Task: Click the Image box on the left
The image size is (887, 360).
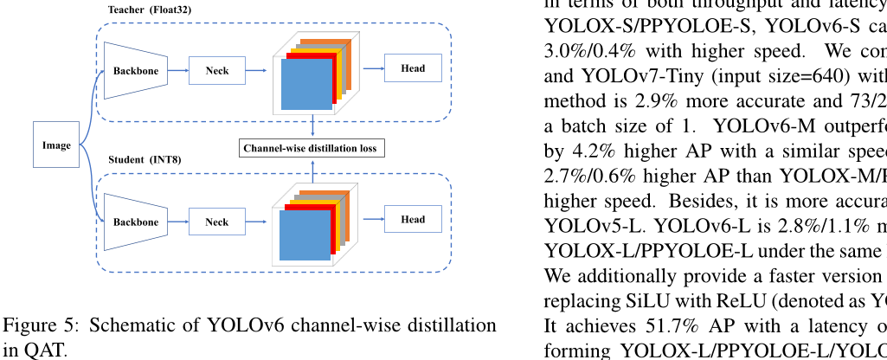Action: (x=56, y=145)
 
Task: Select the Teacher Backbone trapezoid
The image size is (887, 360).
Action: (x=135, y=71)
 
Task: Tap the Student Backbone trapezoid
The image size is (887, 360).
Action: (x=135, y=222)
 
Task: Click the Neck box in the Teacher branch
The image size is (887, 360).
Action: (x=217, y=70)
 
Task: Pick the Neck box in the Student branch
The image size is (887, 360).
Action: (x=217, y=222)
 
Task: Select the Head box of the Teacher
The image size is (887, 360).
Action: (x=413, y=68)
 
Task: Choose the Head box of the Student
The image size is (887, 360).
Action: (x=413, y=219)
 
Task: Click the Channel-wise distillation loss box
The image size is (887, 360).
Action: (x=311, y=148)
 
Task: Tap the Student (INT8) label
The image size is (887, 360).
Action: (x=145, y=160)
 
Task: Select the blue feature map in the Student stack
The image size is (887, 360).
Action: (x=305, y=235)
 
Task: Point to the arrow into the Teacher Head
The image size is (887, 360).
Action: (x=371, y=68)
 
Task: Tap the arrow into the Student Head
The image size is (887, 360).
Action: (x=371, y=219)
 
